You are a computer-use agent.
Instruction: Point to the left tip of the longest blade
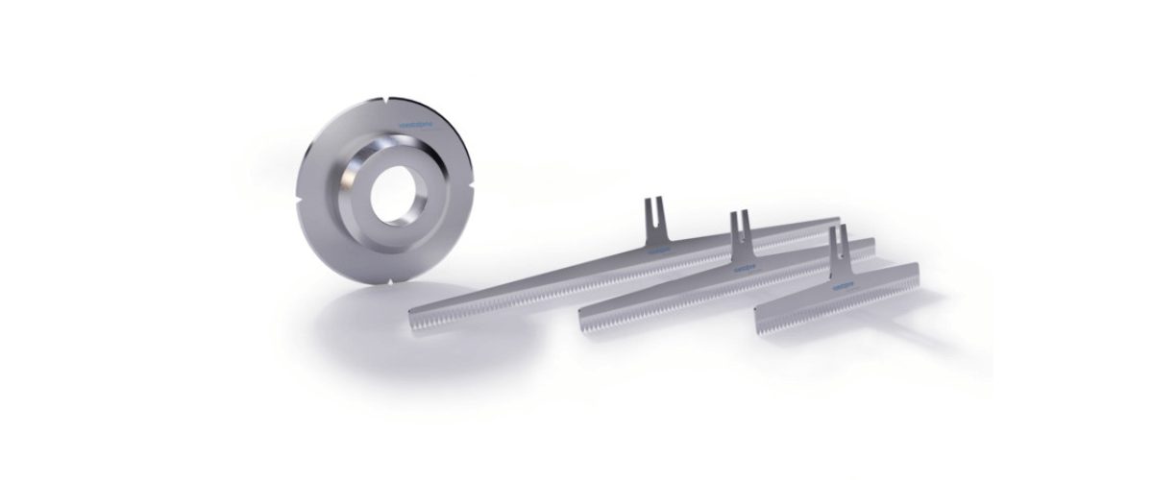tap(413, 321)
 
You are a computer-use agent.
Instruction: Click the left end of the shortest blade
tap(759, 321)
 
